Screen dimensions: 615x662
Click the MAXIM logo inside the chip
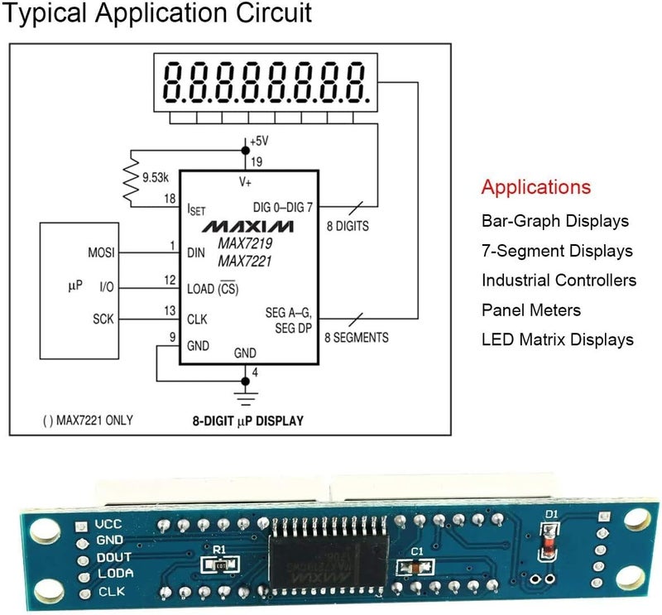click(247, 226)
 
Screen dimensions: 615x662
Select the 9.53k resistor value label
click(155, 177)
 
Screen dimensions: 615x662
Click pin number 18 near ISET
click(170, 199)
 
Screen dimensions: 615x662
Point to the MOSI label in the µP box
click(101, 252)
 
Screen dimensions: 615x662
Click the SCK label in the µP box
click(103, 319)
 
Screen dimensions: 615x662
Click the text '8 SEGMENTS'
click(356, 338)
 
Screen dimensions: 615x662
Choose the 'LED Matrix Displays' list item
click(558, 339)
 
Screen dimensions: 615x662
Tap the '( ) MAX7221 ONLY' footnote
click(87, 420)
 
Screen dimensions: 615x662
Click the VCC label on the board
click(109, 524)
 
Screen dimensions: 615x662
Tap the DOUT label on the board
click(113, 556)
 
